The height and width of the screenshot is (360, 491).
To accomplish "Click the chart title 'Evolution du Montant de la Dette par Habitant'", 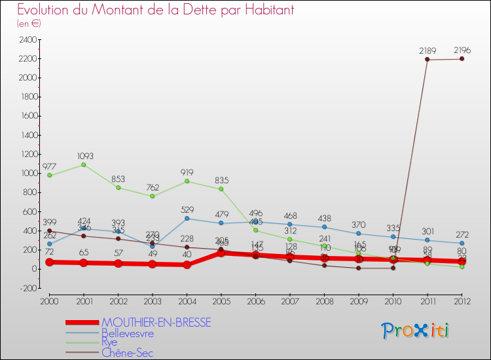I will pyautogui.click(x=155, y=10).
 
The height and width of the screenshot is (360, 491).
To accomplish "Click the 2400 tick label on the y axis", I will pyautogui.click(x=28, y=40).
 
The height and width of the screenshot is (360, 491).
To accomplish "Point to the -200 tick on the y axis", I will pyautogui.click(x=28, y=288).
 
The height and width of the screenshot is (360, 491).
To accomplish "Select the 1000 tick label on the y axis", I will pyautogui.click(x=28, y=173).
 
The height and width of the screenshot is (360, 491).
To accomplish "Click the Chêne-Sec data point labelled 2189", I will pyautogui.click(x=427, y=60).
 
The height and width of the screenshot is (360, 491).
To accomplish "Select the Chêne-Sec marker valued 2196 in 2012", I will pyautogui.click(x=462, y=59).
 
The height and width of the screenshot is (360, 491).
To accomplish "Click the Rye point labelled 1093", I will pyautogui.click(x=83, y=164).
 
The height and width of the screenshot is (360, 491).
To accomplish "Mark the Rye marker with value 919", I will pyautogui.click(x=187, y=181).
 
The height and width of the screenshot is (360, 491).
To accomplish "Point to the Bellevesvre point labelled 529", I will pyautogui.click(x=187, y=219).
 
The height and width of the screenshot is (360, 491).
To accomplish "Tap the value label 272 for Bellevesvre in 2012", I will pyautogui.click(x=462, y=234).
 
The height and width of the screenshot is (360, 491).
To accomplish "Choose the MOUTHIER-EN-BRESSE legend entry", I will pyautogui.click(x=156, y=323).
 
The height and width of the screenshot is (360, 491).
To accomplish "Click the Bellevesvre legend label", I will pyautogui.click(x=128, y=333).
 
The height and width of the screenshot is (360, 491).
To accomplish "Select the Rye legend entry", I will pyautogui.click(x=109, y=343).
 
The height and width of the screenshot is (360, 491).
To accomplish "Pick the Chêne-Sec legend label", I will pyautogui.click(x=127, y=353).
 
